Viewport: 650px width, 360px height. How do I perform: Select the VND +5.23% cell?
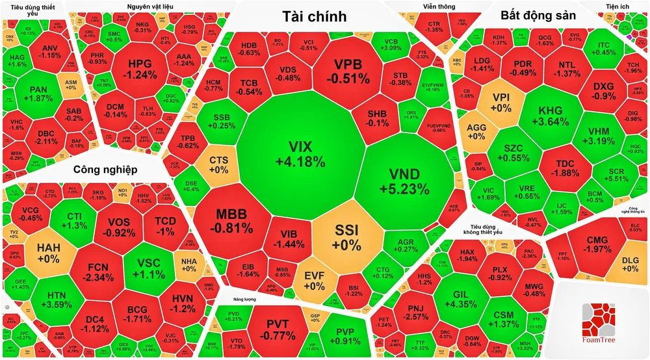pyautogui.click(x=404, y=181)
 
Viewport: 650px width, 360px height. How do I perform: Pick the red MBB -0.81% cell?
pyautogui.click(x=234, y=221)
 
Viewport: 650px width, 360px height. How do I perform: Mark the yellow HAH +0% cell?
pyautogui.click(x=48, y=252)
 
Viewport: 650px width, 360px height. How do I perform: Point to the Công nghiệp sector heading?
pyautogui.click(x=105, y=170)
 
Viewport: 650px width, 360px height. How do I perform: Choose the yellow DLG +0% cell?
pyautogui.click(x=630, y=263)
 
